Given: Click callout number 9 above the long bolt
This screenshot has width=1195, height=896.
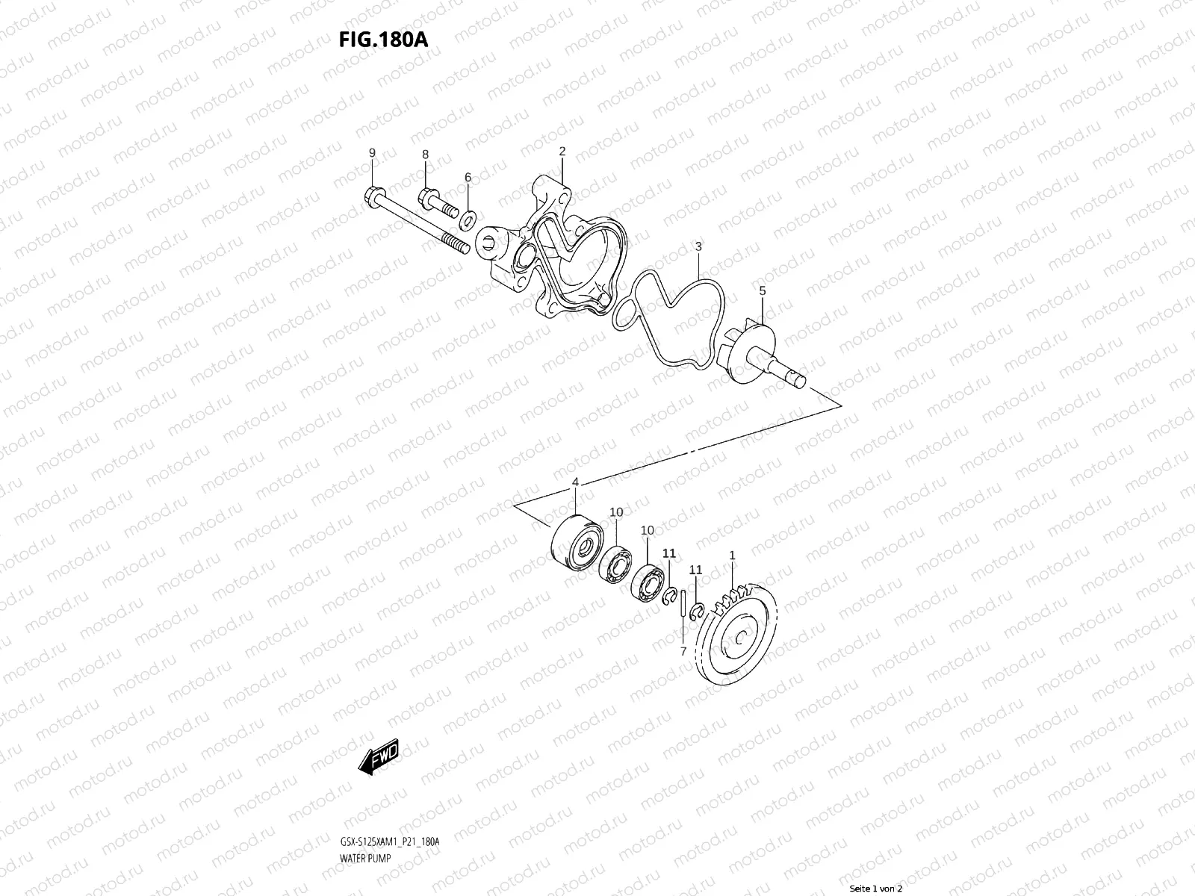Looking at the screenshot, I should [372, 153].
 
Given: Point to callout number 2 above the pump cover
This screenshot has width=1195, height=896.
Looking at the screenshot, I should [562, 152].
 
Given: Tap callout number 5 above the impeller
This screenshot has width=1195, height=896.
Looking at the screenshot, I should [762, 291].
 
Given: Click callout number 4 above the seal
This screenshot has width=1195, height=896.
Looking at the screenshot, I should [575, 483].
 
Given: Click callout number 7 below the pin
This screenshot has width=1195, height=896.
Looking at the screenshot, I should [683, 651].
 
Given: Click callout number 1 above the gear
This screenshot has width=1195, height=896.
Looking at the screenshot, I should [732, 556].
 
